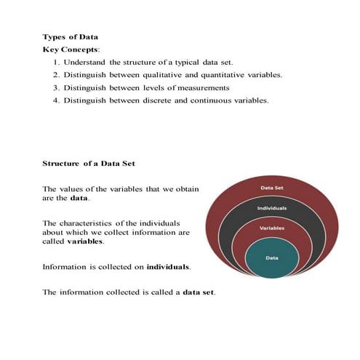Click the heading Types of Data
tap(69, 36)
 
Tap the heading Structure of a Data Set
tap(89, 164)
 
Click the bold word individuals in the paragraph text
tap(167, 267)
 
